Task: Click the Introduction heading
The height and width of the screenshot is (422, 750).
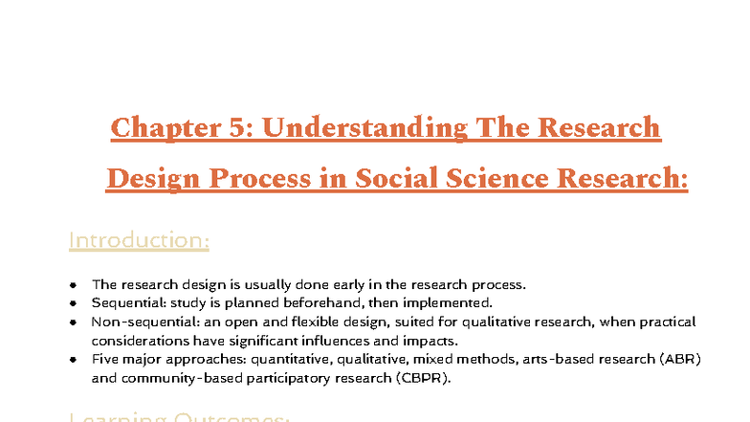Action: click(139, 239)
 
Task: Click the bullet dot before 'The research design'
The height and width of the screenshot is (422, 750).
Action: click(74, 285)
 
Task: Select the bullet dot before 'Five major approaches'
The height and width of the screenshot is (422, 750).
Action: click(74, 359)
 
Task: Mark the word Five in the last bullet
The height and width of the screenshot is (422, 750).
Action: click(105, 359)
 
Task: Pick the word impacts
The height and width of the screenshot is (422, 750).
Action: click(350, 341)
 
